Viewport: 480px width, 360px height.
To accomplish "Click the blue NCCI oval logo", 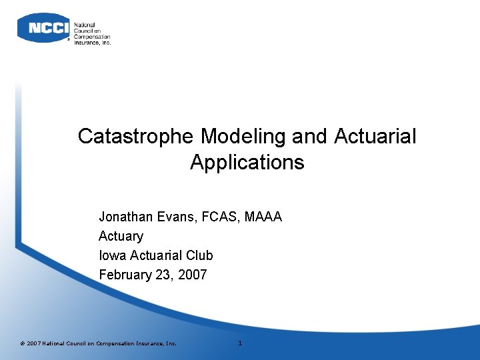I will [x=43, y=28].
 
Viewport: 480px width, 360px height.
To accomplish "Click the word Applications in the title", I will [x=247, y=163].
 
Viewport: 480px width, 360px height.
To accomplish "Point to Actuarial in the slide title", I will [x=375, y=137].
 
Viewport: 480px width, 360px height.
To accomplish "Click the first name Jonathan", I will [x=126, y=217].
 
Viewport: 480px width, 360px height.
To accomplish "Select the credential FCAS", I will [x=219, y=217].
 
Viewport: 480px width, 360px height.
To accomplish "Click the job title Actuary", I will [x=121, y=236].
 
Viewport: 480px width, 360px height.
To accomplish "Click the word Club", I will [x=199, y=255].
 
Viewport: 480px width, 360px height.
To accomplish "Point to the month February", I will [x=125, y=275].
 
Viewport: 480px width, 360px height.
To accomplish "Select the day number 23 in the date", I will [x=165, y=275].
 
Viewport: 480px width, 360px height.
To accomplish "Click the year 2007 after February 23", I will [x=193, y=275].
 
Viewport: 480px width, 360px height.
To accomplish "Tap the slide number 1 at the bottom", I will [x=240, y=343].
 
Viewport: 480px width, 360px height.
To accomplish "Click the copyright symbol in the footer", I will [x=22, y=343].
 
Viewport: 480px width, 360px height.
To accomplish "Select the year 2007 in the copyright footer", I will [x=33, y=343].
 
